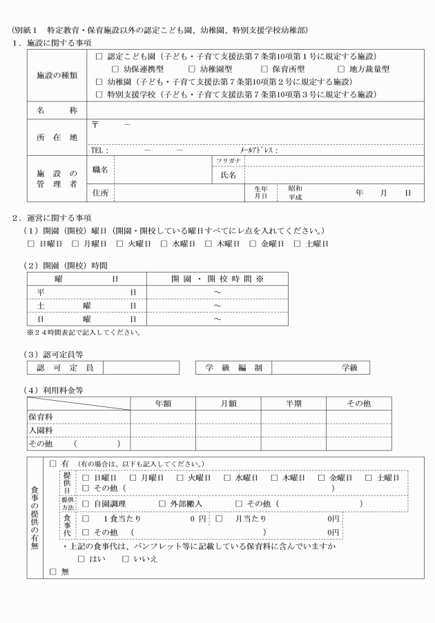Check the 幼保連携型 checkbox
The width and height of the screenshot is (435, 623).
(x=116, y=69)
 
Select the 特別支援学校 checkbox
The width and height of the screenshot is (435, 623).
(x=99, y=94)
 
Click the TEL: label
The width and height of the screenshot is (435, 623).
(x=99, y=150)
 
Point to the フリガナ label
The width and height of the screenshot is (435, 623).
(x=227, y=159)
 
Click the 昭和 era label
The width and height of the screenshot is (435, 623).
(x=296, y=188)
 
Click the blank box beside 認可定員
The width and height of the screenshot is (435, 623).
(x=141, y=368)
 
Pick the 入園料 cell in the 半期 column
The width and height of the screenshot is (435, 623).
(x=293, y=430)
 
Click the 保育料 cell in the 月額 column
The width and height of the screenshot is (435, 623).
(x=228, y=417)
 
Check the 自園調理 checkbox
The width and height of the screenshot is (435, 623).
(x=86, y=503)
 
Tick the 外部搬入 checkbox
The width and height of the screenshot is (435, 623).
(x=163, y=503)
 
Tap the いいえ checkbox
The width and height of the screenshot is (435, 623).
(x=126, y=558)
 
